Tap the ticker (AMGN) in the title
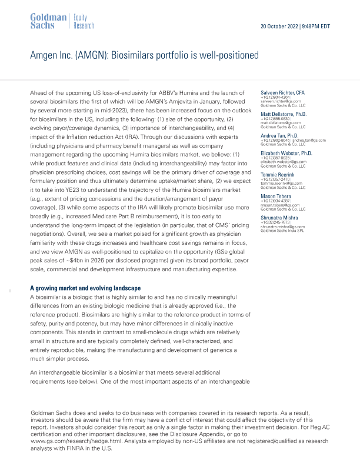(x=86, y=56)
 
